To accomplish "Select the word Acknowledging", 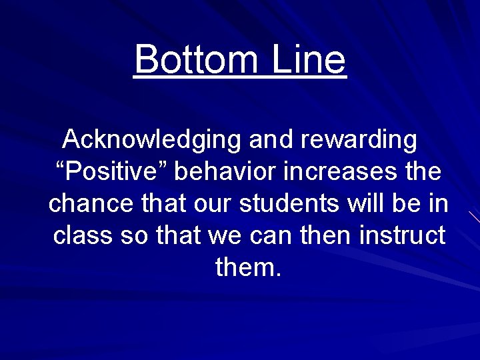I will pos(153,141).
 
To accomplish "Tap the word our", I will pos(216,204).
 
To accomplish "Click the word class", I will pos(83,235).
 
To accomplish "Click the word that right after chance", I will pos(163,204).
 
